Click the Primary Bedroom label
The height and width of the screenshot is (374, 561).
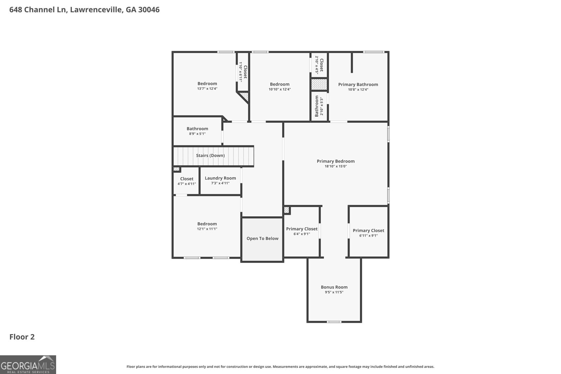[x=336, y=161]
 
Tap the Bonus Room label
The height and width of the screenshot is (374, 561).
[x=334, y=287]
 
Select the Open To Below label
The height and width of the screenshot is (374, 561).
[x=262, y=238]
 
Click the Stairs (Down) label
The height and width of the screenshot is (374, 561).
[x=210, y=155]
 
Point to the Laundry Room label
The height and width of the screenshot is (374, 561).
[x=220, y=178]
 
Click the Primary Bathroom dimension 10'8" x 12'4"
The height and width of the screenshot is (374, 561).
[x=358, y=89]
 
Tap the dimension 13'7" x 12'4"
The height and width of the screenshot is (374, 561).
[x=207, y=89]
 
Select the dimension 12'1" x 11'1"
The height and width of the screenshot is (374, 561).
[x=207, y=229]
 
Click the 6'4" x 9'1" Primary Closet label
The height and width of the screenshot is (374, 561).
[x=302, y=229]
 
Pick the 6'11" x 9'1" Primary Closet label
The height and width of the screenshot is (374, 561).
[x=368, y=231]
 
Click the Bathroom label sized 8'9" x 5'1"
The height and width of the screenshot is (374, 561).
[x=197, y=129]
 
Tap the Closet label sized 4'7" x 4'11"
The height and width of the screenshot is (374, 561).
[x=187, y=179]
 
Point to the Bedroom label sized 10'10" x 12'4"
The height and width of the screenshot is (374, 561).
[x=279, y=84]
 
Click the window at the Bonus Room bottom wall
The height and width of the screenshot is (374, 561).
[x=334, y=322]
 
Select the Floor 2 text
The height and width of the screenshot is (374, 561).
[x=22, y=337]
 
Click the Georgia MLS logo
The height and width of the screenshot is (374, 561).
[x=28, y=365]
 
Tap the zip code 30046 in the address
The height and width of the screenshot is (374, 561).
[x=149, y=10]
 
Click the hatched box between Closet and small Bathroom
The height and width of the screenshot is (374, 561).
[x=319, y=84]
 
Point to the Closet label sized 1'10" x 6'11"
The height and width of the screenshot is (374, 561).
[x=245, y=72]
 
